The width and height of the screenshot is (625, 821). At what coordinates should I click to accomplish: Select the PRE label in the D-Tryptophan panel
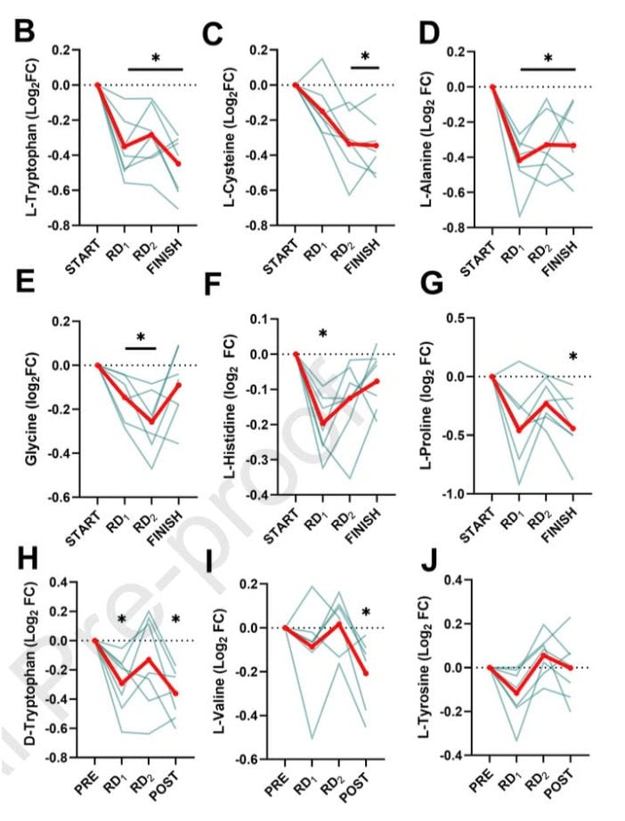[85, 779]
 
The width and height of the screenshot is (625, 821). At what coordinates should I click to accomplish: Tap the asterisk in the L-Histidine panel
[323, 335]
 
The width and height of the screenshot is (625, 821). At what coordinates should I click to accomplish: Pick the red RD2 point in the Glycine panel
[153, 422]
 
